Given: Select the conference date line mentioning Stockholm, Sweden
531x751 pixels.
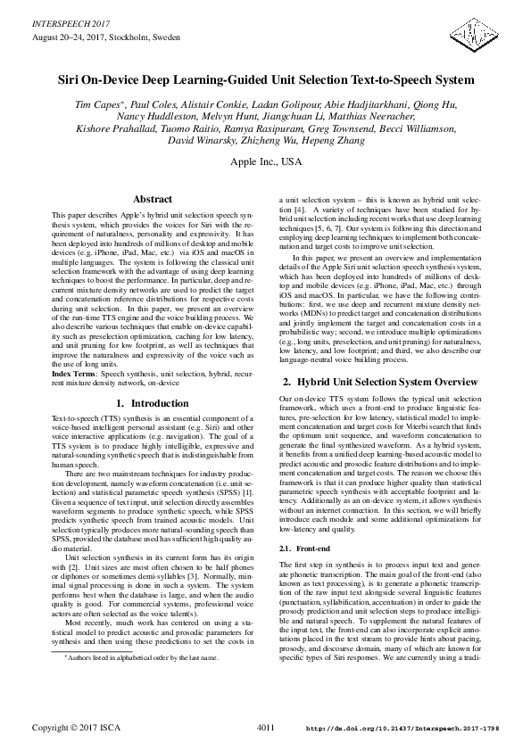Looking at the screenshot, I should point(105,39).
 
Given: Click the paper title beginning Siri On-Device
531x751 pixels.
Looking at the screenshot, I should point(265,79).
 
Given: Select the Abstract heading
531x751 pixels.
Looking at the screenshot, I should point(152,200).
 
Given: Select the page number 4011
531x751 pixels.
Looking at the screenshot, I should point(265,729).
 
